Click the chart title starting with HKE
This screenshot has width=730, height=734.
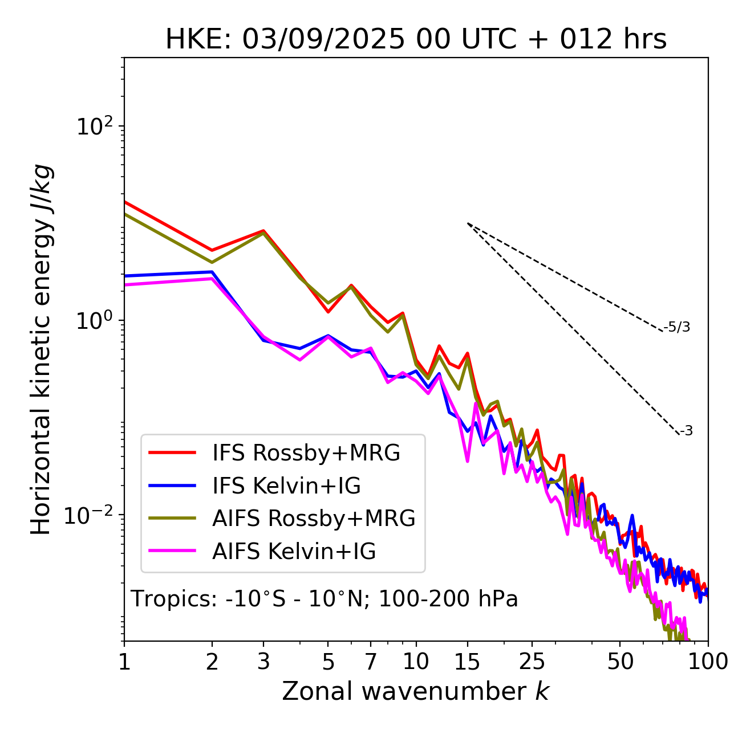coord(416,40)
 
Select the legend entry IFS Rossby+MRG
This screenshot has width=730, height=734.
coord(306,453)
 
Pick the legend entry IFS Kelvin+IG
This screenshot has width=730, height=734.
coord(286,486)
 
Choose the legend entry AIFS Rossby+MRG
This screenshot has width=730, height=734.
coord(314,519)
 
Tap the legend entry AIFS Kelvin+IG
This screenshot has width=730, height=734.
coord(294,552)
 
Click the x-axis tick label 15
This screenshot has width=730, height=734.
coord(467,662)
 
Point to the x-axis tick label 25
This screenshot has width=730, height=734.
coord(532,662)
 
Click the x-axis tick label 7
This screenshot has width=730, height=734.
coord(371,662)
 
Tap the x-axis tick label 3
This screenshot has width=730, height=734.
coord(263,662)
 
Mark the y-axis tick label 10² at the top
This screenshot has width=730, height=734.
coord(94,126)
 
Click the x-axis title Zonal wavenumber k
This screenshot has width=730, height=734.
coord(416,691)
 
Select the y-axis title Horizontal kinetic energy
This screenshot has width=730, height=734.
coord(42,350)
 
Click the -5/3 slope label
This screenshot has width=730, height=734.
coord(677,328)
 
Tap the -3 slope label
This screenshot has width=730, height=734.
coord(686,431)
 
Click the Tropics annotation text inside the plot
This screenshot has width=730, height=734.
coord(324,599)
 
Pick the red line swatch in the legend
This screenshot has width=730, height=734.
coord(172,453)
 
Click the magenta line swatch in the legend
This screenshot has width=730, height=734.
coord(172,552)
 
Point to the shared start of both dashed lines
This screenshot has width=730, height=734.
coord(468,223)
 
